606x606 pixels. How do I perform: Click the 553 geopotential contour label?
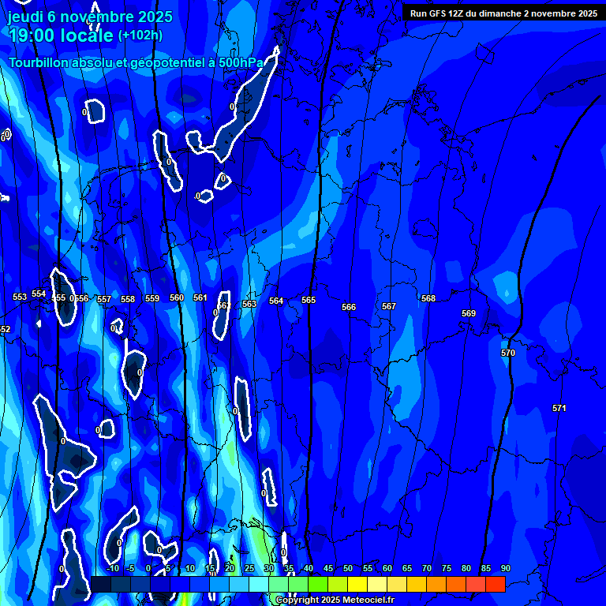click(20, 297)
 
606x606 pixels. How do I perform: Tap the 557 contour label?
click(104, 299)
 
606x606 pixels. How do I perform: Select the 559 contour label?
click(152, 298)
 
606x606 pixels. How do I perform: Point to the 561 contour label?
click(200, 297)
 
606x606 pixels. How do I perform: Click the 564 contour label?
click(276, 301)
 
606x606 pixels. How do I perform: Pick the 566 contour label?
click(349, 307)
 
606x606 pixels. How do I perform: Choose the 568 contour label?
click(428, 298)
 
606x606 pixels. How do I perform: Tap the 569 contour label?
click(469, 313)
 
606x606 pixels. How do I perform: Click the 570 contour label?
click(508, 353)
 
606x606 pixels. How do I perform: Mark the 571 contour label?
click(559, 408)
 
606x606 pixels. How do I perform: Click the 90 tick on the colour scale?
click(505, 568)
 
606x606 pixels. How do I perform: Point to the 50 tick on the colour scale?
click(347, 568)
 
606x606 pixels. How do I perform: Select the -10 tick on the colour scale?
click(112, 568)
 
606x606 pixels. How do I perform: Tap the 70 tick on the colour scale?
click(426, 568)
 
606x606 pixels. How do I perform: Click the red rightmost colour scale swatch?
click(496, 584)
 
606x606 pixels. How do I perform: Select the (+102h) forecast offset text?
click(140, 35)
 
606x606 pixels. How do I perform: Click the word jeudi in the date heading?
click(25, 17)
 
